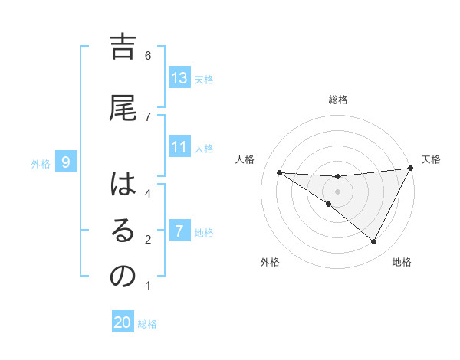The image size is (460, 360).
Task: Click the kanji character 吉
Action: (x=123, y=48)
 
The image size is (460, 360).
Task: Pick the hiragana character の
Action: (x=123, y=276)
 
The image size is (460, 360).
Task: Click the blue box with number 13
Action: (x=179, y=79)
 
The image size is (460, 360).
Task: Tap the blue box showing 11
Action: (x=179, y=147)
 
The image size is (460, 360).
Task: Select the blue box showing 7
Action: (x=179, y=231)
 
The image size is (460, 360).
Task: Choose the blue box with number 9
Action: (x=67, y=162)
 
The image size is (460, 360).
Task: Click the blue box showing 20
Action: (x=123, y=322)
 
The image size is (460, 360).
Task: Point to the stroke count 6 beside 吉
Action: (x=148, y=55)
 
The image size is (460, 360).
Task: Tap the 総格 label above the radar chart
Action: (x=338, y=100)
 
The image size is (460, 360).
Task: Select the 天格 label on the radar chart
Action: (x=431, y=159)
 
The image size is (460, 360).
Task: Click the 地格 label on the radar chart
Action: (x=402, y=262)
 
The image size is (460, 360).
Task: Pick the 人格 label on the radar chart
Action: (x=245, y=159)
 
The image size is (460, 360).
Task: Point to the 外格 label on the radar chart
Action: (x=270, y=262)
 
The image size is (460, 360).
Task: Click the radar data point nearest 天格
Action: (x=411, y=168)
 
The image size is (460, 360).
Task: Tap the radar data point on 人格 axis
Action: (x=279, y=172)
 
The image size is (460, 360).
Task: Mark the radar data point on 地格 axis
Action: (x=374, y=242)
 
